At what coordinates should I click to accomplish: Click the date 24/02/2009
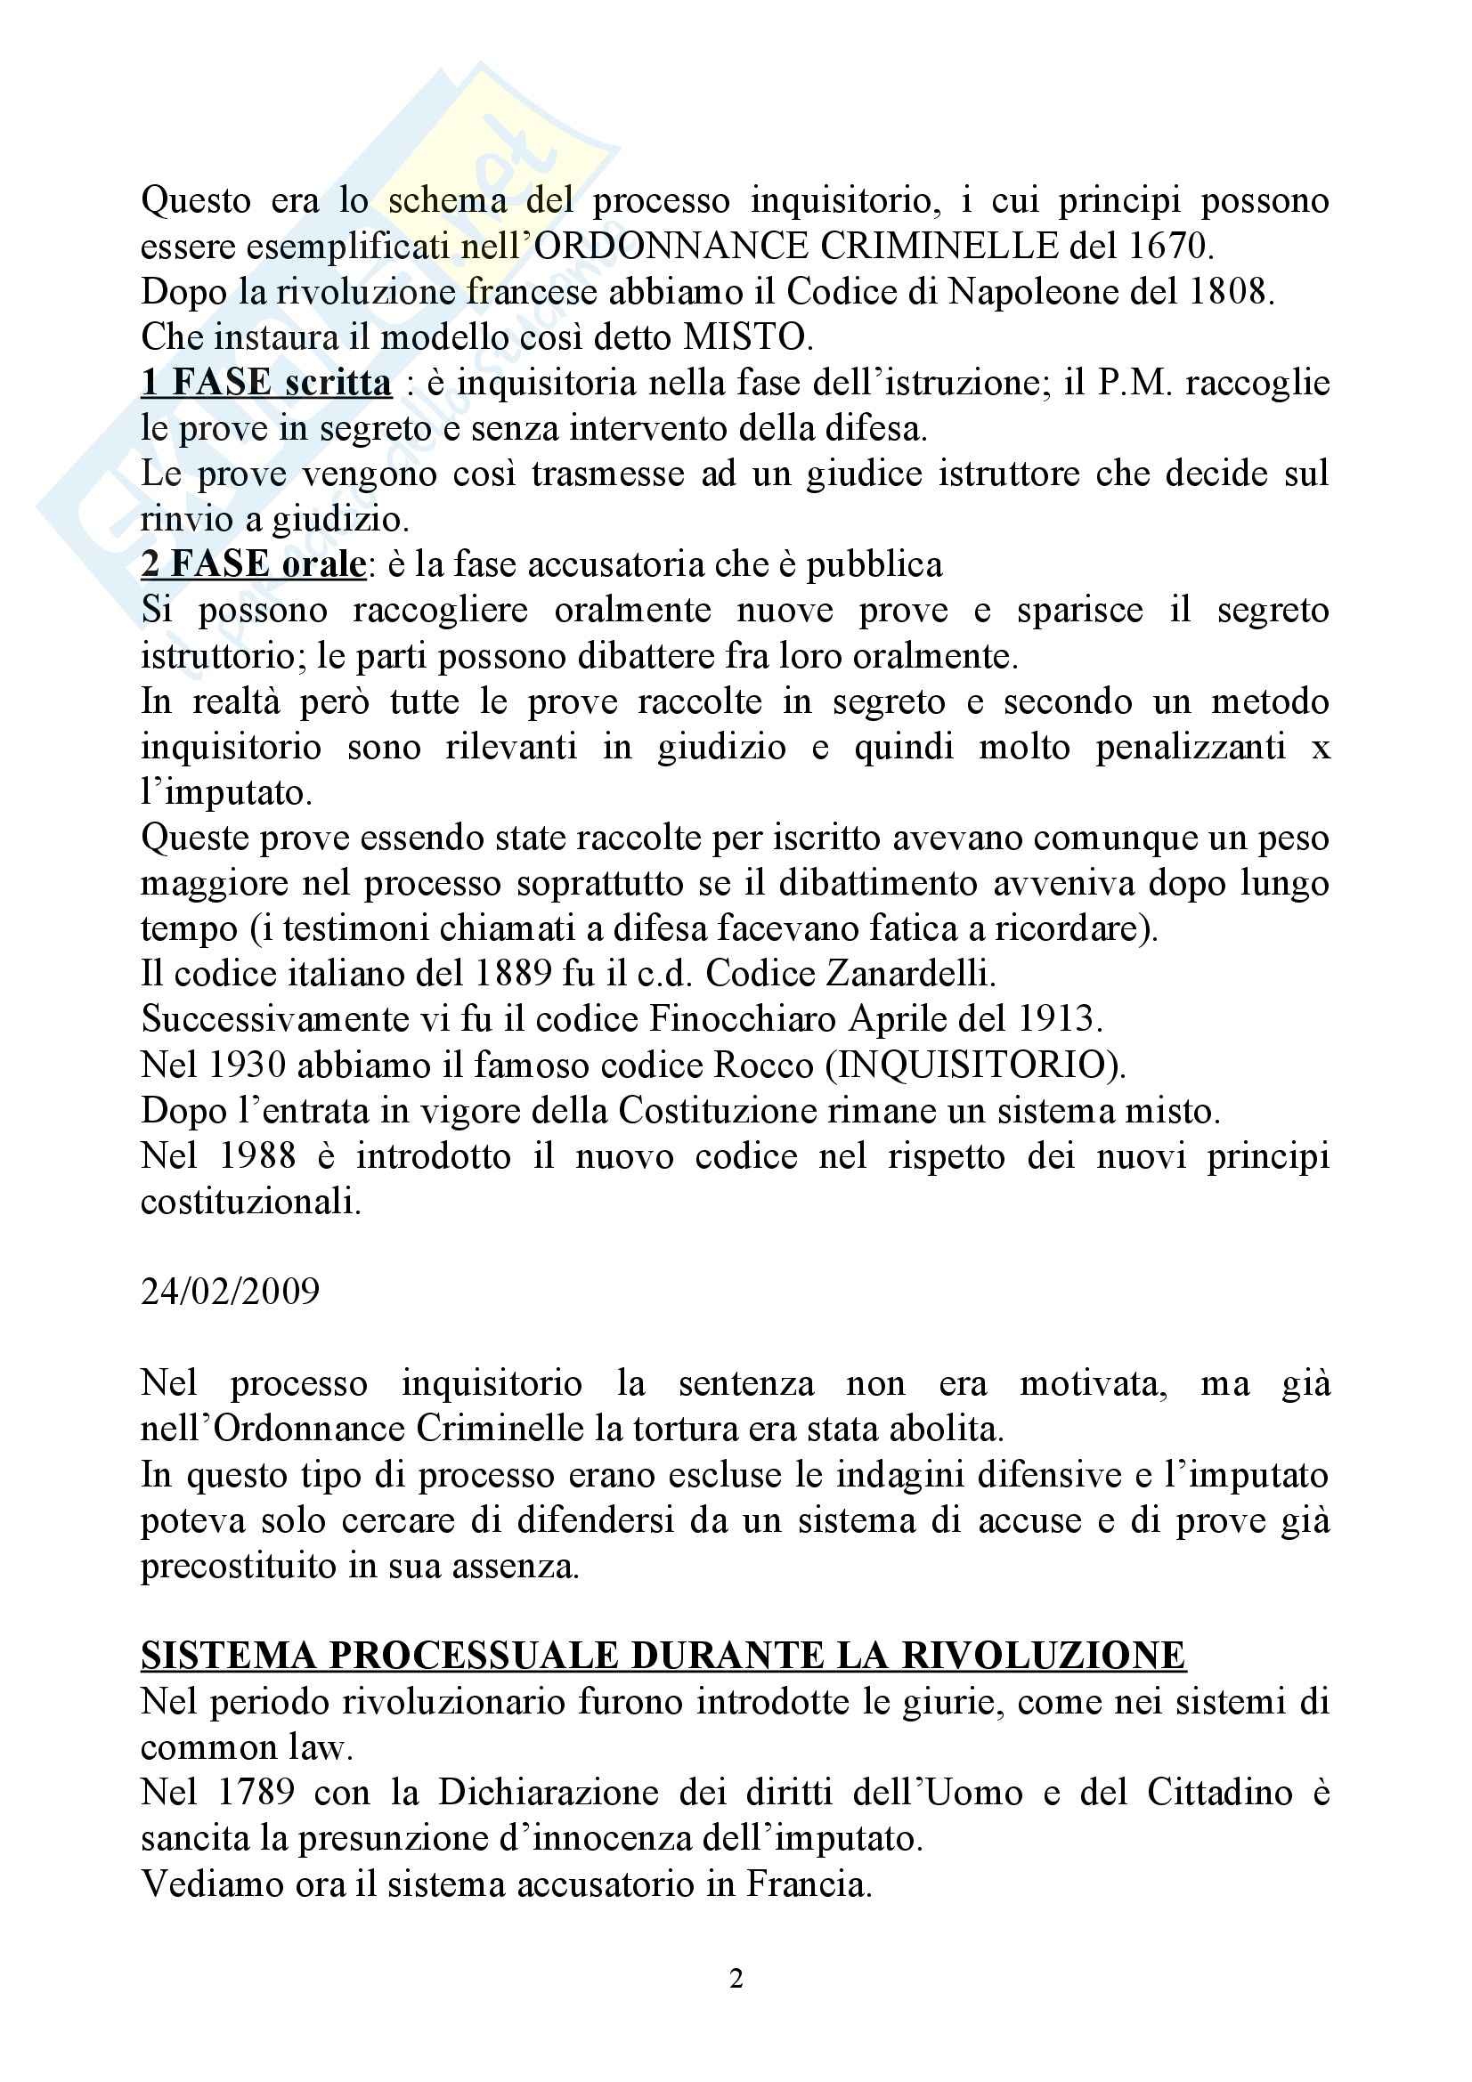click(x=231, y=1292)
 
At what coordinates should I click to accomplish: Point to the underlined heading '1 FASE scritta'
click(x=265, y=383)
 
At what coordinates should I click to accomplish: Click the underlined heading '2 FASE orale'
click(x=253, y=565)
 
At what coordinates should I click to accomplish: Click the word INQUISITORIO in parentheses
click(x=975, y=1065)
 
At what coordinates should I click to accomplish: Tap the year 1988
click(x=257, y=1156)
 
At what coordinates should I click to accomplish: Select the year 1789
click(x=257, y=1793)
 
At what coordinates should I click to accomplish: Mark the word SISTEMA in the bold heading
click(x=230, y=1656)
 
